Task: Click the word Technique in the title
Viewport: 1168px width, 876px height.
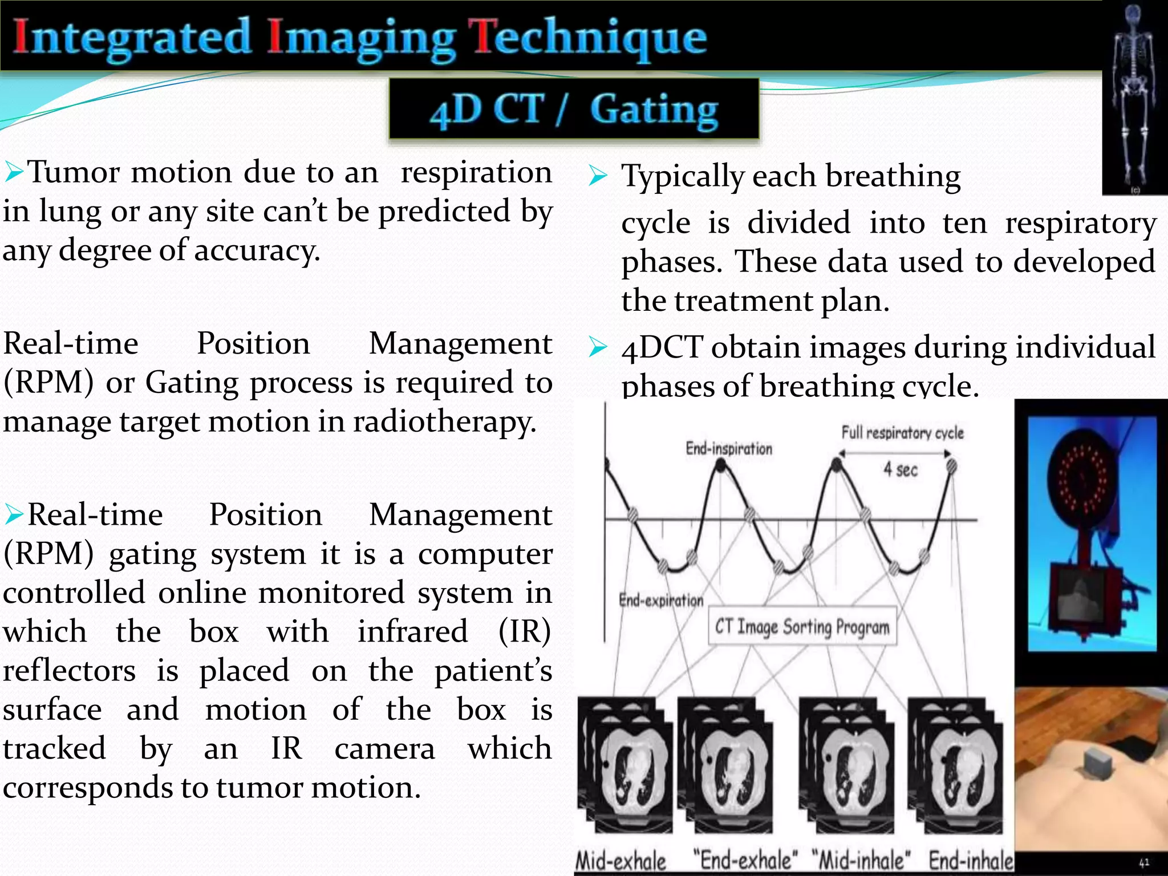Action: click(590, 39)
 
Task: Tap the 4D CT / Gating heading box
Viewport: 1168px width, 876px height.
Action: click(574, 108)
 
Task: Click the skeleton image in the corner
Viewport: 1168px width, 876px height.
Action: click(1134, 97)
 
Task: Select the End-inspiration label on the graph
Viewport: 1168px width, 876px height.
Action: click(728, 449)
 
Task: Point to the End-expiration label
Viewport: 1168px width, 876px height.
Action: click(661, 600)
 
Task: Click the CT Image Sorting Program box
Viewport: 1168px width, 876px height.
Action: click(802, 627)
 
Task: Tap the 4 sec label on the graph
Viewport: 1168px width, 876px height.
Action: click(901, 469)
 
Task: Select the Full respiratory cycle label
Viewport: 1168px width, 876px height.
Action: click(902, 433)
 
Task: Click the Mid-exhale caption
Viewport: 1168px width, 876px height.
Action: click(621, 861)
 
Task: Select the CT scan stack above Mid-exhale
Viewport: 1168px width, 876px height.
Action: click(626, 767)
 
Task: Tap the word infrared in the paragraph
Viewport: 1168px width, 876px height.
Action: click(412, 631)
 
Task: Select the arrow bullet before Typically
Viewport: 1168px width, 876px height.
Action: click(598, 176)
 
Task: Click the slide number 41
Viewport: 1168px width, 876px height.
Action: click(1144, 863)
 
